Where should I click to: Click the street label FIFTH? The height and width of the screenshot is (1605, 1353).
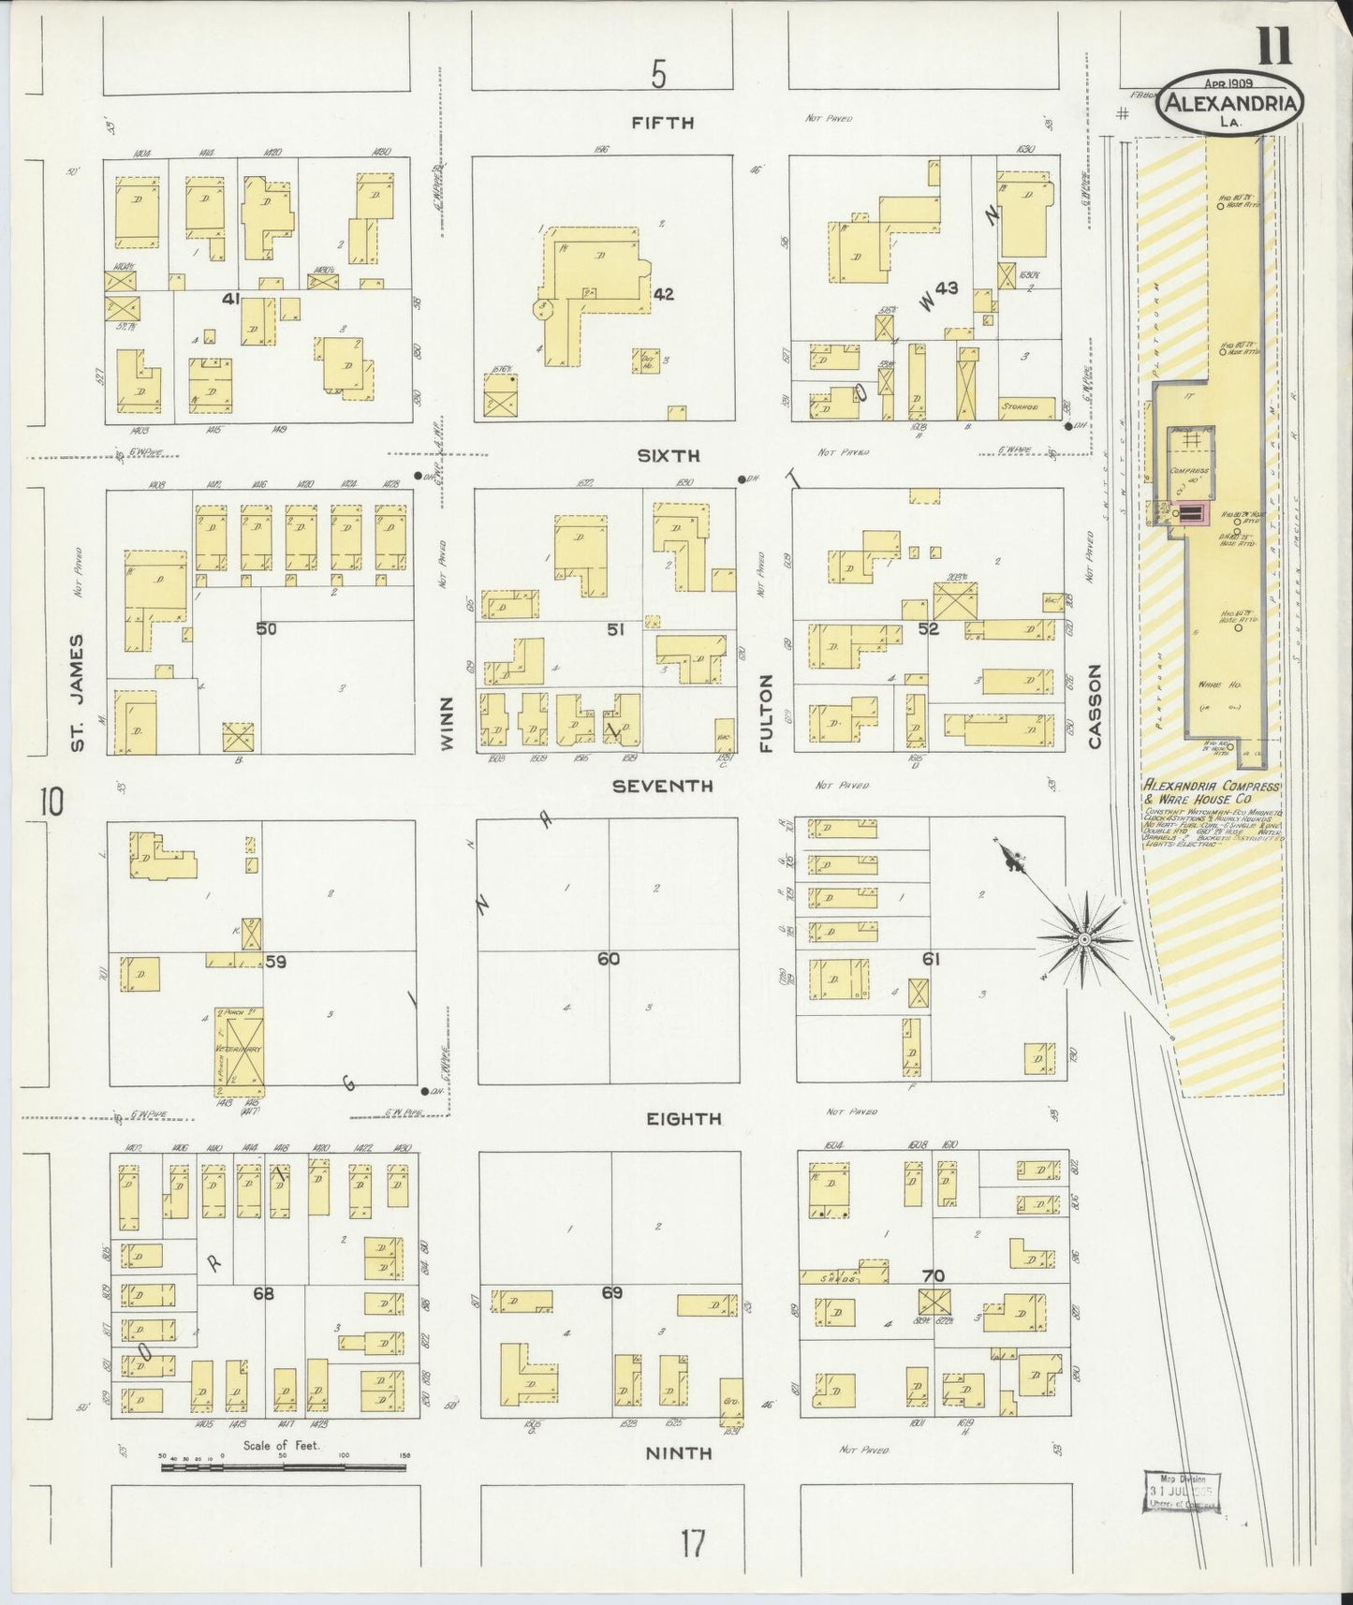pos(662,122)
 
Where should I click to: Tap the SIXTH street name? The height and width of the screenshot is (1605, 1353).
pos(669,456)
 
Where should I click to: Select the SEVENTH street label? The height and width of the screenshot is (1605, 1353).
pos(662,787)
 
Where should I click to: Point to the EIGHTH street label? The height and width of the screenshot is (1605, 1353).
pos(684,1119)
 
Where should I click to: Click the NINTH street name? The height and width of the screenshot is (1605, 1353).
pos(679,1453)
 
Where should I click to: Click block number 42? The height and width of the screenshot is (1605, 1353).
pos(663,294)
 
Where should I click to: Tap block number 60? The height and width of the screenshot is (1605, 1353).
pos(609,959)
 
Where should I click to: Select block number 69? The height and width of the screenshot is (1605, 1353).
pos(611,1293)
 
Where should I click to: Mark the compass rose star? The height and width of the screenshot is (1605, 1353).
pos(1083,938)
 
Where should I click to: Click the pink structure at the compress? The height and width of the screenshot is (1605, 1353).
pos(1191,512)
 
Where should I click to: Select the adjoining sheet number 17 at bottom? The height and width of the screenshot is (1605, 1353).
pos(692,1542)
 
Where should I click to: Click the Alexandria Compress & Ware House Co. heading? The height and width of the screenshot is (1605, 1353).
pos(1211,793)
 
